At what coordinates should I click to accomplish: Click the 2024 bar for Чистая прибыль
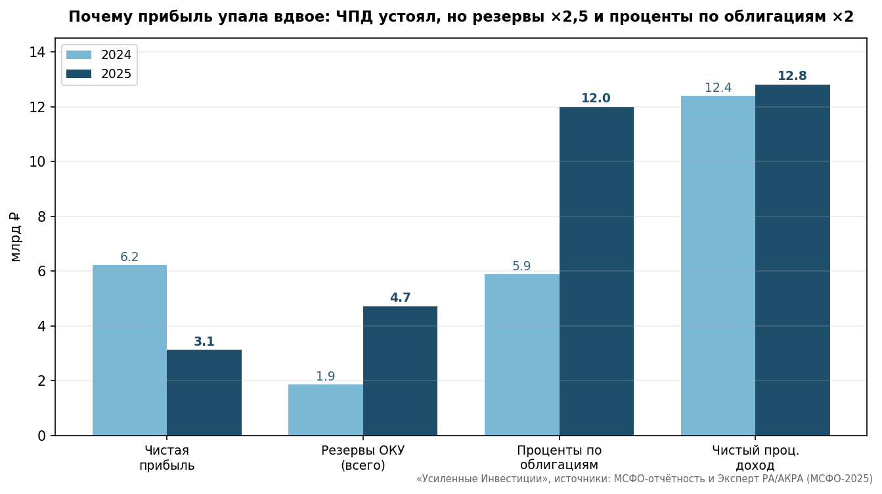tap(129, 350)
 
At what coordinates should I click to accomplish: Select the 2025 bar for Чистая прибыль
tap(204, 392)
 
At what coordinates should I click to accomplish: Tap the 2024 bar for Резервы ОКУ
tap(326, 410)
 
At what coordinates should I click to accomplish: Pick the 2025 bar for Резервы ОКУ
tap(400, 371)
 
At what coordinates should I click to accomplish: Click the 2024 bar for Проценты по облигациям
tap(521, 355)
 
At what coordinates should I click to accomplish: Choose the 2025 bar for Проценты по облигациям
tap(596, 271)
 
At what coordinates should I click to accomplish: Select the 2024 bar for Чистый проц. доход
tap(718, 266)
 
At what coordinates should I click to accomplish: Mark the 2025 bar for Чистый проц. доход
tap(793, 260)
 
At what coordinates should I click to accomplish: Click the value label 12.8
tap(792, 76)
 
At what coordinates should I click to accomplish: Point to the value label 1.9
tap(326, 377)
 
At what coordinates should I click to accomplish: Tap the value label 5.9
tap(521, 266)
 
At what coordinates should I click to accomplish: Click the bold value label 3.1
tap(204, 341)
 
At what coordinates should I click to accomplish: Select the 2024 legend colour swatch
tap(79, 54)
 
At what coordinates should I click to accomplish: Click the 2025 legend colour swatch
tap(79, 74)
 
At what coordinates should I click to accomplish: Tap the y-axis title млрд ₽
tap(14, 237)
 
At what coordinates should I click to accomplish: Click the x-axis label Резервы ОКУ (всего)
tap(363, 458)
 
